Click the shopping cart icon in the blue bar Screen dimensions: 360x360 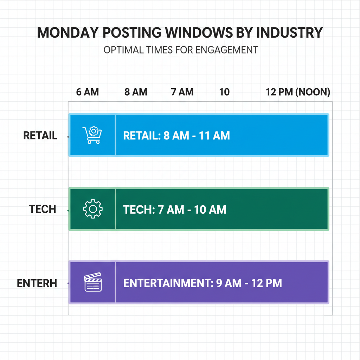click(92, 135)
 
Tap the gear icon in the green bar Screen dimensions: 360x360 click(93, 209)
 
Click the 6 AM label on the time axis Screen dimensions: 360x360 click(88, 92)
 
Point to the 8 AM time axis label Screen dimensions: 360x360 click(136, 92)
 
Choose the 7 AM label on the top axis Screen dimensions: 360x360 click(182, 92)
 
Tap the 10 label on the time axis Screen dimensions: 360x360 click(224, 92)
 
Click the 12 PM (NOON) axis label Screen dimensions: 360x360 click(298, 92)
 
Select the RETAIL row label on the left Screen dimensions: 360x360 click(40, 136)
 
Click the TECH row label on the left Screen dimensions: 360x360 click(43, 210)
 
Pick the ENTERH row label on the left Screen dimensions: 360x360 click(37, 283)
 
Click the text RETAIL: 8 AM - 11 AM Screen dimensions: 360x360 click(176, 136)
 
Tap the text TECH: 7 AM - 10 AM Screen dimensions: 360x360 click(175, 210)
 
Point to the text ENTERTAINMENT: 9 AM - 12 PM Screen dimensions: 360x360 click(202, 283)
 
